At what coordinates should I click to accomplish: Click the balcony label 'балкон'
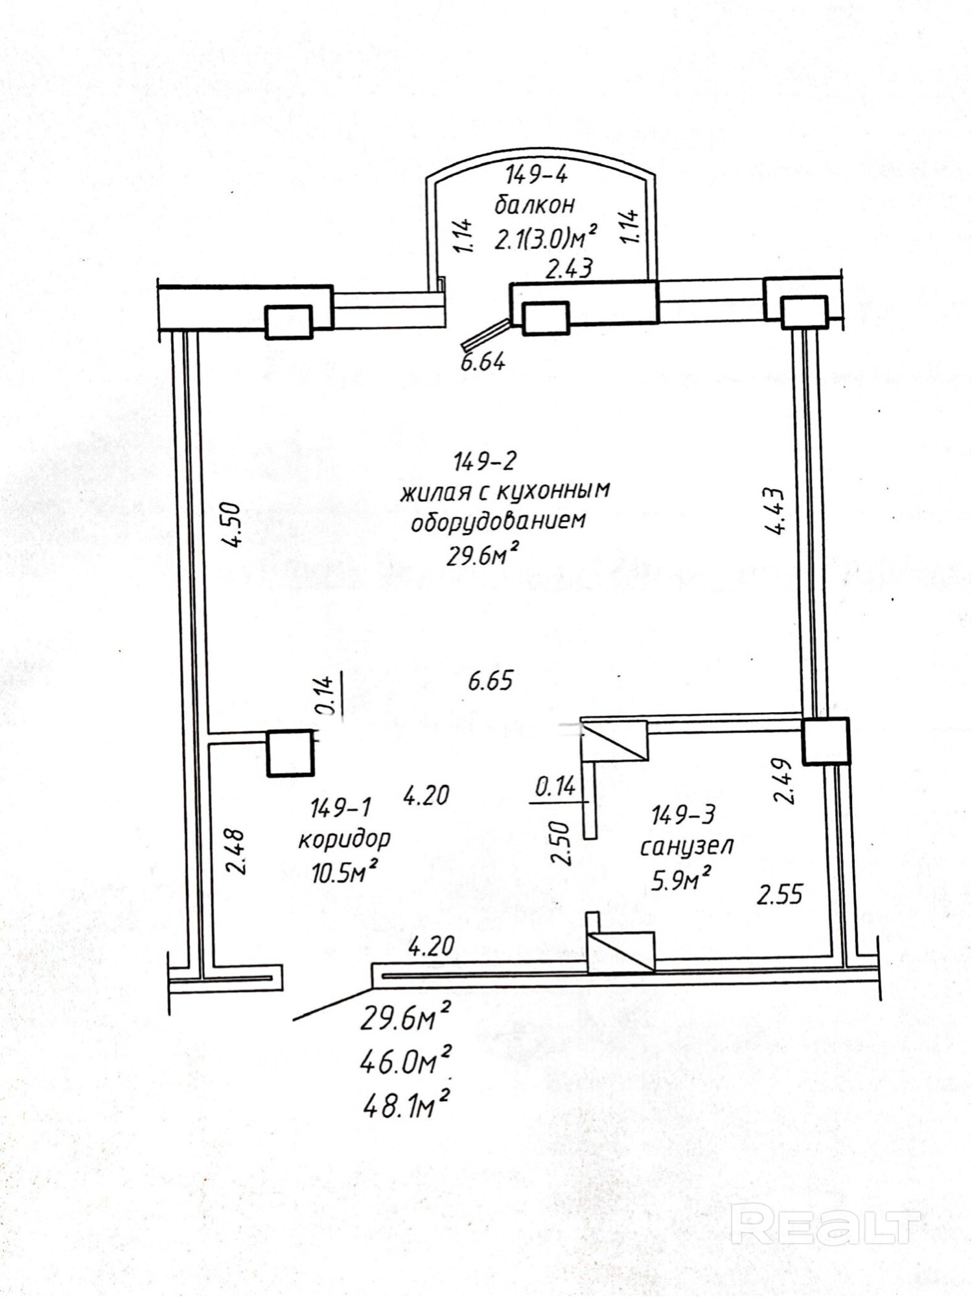click(x=535, y=206)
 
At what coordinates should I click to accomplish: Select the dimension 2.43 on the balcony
click(x=568, y=268)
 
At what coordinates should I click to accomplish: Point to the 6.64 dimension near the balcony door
click(x=483, y=362)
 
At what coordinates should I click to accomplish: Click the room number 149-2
click(x=485, y=462)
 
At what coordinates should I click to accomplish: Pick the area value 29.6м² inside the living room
click(x=483, y=555)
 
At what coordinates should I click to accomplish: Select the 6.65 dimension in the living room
click(x=490, y=682)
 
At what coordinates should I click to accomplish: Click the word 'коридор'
click(x=344, y=840)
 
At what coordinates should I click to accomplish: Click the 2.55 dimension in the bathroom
click(x=780, y=895)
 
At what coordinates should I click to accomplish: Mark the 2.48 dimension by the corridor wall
click(x=237, y=851)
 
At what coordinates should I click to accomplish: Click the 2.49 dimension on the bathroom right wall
click(x=783, y=781)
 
